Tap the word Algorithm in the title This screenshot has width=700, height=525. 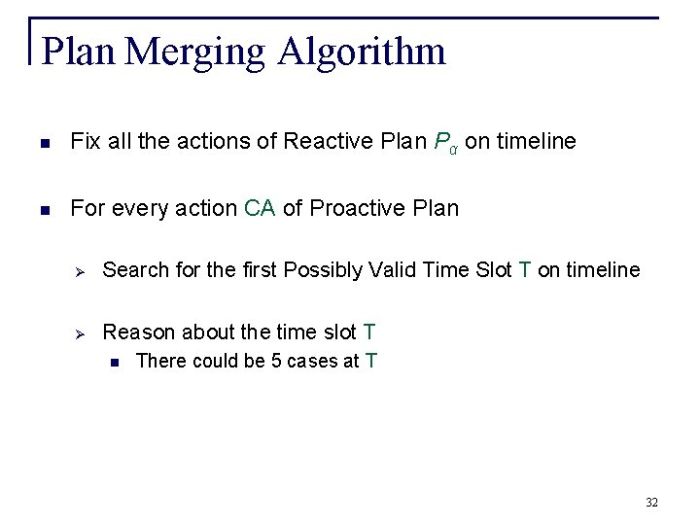[x=361, y=52]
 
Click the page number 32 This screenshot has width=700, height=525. [x=651, y=502]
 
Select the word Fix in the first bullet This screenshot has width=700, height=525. [x=85, y=142]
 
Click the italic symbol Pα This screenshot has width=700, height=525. [x=447, y=143]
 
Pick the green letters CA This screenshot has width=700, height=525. [x=260, y=208]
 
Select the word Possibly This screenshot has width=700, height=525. [x=324, y=270]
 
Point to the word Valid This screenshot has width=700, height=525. [x=392, y=270]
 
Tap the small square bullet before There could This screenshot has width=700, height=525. [x=115, y=363]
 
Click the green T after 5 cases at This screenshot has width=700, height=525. [x=370, y=362]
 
